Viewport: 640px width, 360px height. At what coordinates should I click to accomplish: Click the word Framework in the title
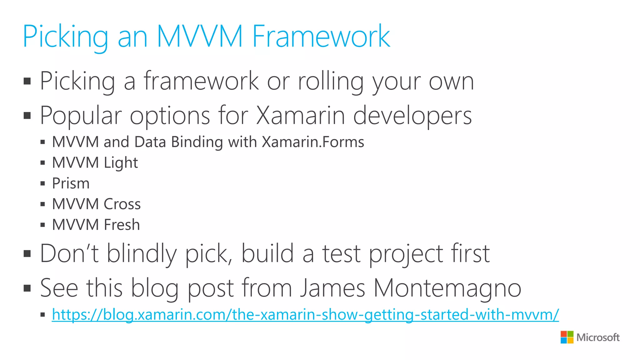click(x=321, y=37)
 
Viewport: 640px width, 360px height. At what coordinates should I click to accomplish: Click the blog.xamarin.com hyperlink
click(x=305, y=314)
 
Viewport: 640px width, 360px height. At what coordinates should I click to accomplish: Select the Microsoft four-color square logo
click(x=567, y=337)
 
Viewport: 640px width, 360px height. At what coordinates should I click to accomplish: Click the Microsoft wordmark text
click(x=598, y=337)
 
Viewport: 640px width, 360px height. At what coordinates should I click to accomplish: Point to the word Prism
click(x=71, y=183)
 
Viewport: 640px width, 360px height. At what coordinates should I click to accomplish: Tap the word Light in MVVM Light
click(x=121, y=163)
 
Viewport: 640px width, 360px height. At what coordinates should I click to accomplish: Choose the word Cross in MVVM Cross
click(x=122, y=204)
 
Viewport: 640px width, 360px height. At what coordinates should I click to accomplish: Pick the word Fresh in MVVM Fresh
click(x=122, y=225)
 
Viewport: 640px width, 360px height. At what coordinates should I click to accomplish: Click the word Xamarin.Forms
click(x=313, y=142)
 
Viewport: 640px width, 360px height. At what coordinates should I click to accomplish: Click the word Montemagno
click(x=447, y=288)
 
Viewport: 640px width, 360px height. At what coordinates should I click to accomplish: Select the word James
click(x=332, y=288)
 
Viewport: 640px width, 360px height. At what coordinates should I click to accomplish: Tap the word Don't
click(x=69, y=253)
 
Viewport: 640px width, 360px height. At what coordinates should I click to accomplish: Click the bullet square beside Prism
click(x=43, y=183)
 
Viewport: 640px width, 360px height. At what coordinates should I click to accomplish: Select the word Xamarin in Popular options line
click(x=300, y=115)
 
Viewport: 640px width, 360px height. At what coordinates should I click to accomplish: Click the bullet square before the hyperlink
click(x=43, y=315)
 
